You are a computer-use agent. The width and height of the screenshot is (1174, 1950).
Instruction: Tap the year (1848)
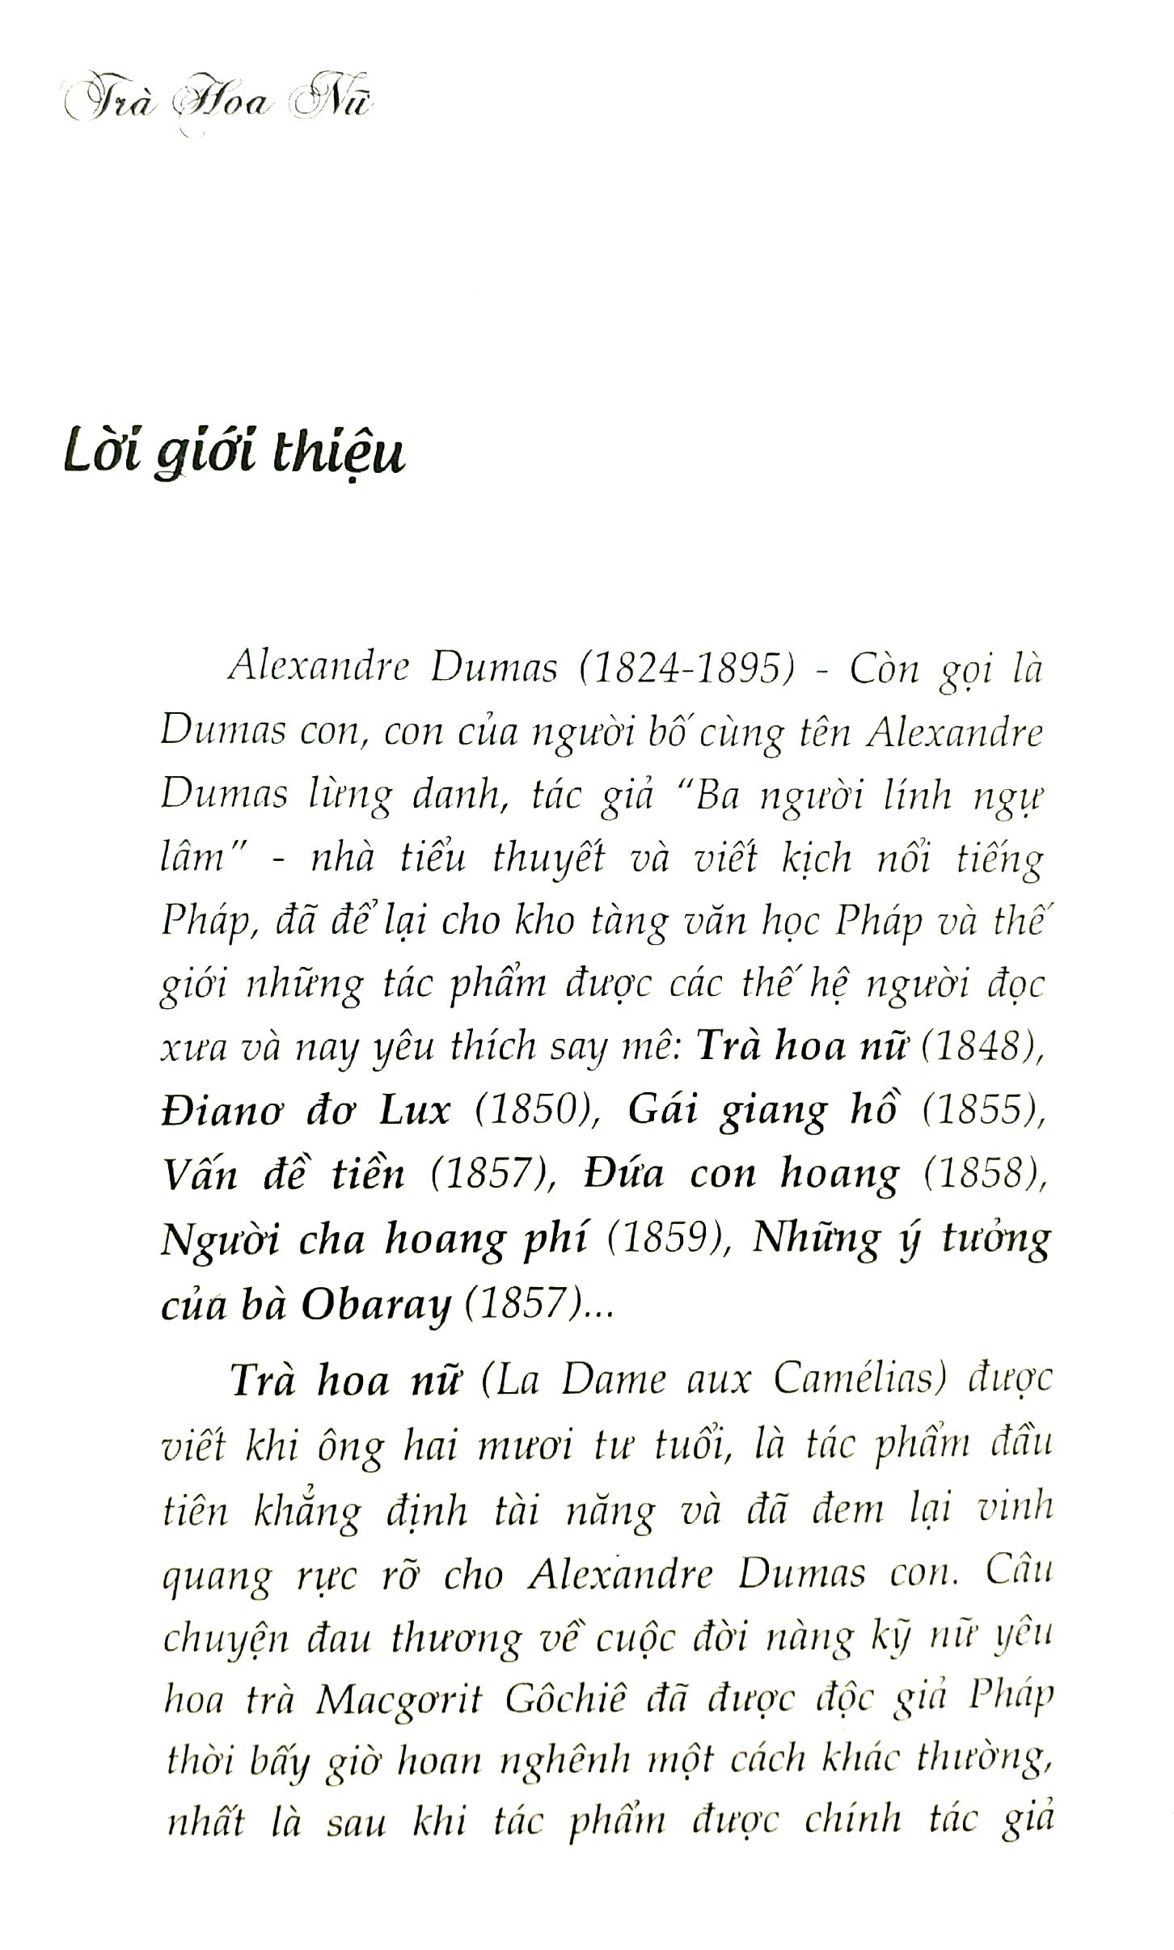pyautogui.click(x=978, y=1047)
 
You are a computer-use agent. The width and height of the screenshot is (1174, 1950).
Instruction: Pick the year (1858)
pyautogui.click(x=982, y=1174)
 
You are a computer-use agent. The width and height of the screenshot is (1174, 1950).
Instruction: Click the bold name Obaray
pyautogui.click(x=376, y=1303)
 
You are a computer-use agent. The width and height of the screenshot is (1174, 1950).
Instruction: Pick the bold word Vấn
pyautogui.click(x=199, y=1174)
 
